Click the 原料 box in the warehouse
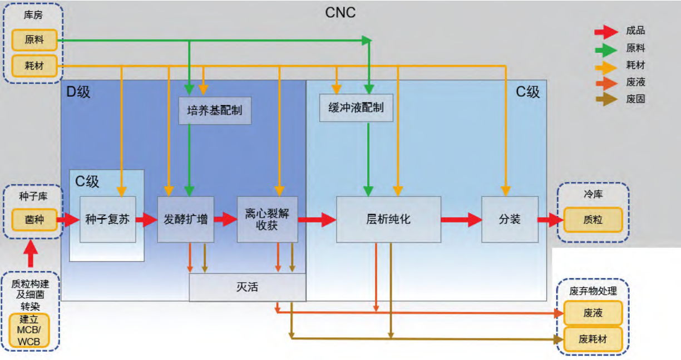point(34,40)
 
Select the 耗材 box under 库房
point(34,66)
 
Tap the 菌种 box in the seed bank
point(34,220)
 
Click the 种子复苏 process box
point(107,219)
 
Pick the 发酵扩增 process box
point(185,219)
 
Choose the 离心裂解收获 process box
point(267,219)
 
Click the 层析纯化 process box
point(388,219)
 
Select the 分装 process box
point(510,219)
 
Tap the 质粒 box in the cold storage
point(593,220)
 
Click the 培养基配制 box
point(215,110)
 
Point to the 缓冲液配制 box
point(356,108)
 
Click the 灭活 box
point(248,287)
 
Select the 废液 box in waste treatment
point(593,313)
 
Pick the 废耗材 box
point(593,339)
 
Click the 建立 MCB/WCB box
point(29,331)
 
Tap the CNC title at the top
point(340,13)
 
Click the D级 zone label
point(78,91)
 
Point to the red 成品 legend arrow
point(606,32)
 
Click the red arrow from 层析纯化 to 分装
point(461,220)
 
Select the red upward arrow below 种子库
point(31,254)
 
